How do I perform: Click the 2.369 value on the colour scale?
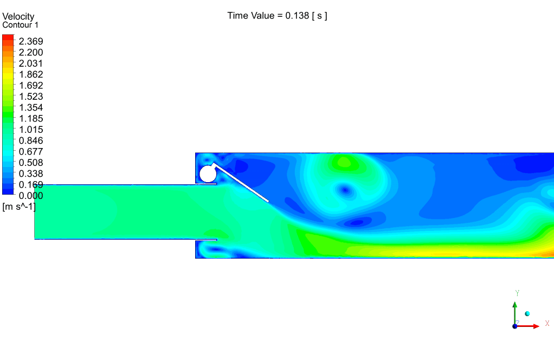(31, 41)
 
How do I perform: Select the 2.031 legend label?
(31, 63)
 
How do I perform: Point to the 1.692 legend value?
(31, 86)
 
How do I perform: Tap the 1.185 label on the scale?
(31, 118)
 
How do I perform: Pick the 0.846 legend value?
(31, 140)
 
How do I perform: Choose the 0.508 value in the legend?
(31, 163)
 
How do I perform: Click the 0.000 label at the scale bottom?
(31, 196)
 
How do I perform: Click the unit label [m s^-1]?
(19, 207)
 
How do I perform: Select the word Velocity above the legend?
(18, 17)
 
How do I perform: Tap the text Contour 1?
(20, 25)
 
